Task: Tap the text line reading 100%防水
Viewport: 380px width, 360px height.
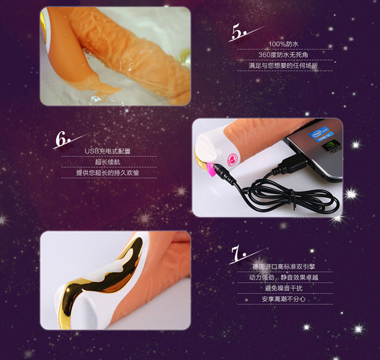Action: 284,44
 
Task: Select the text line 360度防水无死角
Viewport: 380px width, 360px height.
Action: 283,55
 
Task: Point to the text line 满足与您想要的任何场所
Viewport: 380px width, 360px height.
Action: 283,65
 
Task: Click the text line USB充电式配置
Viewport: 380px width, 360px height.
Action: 107,151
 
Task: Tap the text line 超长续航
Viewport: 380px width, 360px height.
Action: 107,162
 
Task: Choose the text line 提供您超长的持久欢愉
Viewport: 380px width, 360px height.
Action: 107,173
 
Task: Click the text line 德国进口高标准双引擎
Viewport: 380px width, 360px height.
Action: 284,267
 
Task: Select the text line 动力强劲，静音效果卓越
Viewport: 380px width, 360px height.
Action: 284,277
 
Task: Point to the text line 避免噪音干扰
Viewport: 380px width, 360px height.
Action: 284,288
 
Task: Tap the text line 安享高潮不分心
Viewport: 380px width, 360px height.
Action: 284,299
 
